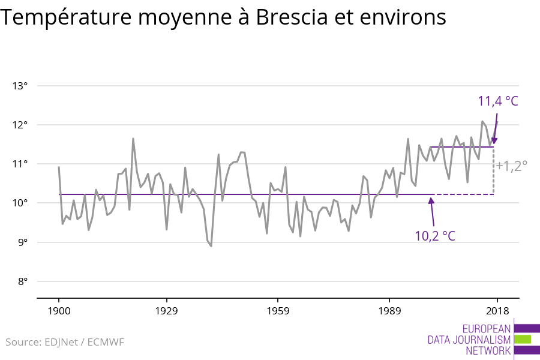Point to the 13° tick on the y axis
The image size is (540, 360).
point(20,86)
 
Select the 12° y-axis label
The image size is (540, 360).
point(20,125)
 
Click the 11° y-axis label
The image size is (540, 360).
point(20,164)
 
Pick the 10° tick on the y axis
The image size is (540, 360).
point(20,203)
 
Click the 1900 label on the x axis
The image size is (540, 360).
point(59,311)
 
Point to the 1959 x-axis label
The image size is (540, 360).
point(278,311)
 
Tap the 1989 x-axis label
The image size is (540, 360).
point(389,311)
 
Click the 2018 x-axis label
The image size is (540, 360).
point(497,311)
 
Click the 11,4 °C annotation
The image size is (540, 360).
point(497,101)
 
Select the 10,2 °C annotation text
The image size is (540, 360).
point(435,236)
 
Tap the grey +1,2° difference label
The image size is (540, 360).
point(511,166)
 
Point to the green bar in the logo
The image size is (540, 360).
point(523,340)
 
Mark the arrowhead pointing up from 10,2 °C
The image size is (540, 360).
point(431,201)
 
